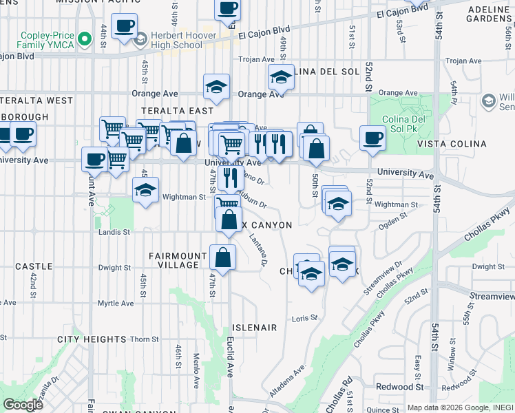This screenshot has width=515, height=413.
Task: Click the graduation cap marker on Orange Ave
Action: (x=216, y=87)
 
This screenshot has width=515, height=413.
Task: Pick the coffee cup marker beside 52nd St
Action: (x=372, y=137)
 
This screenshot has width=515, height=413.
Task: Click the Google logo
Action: (x=22, y=405)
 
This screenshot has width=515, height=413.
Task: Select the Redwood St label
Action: (x=399, y=387)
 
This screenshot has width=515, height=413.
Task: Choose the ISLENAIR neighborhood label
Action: (x=254, y=328)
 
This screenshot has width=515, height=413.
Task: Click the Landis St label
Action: (x=114, y=233)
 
